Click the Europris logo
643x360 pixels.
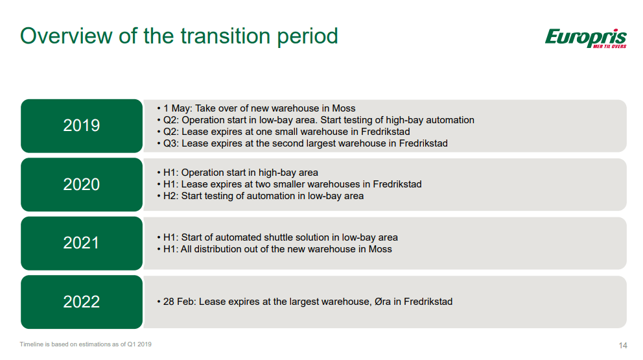point(585,38)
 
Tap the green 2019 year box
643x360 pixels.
point(82,126)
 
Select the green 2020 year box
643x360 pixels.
point(82,185)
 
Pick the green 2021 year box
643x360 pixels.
point(82,243)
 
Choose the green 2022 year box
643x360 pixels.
point(82,302)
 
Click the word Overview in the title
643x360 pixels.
point(66,36)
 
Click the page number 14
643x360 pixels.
point(622,346)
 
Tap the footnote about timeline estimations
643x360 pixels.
point(86,344)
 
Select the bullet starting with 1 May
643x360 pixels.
point(256,108)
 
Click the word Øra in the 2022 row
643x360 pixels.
point(382,302)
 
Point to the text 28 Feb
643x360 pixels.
point(179,302)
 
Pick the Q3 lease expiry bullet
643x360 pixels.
point(302,143)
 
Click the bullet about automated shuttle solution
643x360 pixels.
point(277,237)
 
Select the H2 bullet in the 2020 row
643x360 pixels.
point(260,196)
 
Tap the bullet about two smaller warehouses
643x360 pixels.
point(289,184)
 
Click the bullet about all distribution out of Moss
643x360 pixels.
point(274,249)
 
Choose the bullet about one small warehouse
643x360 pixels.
point(283,132)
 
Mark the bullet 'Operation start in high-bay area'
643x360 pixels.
point(237,173)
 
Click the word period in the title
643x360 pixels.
point(307,37)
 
